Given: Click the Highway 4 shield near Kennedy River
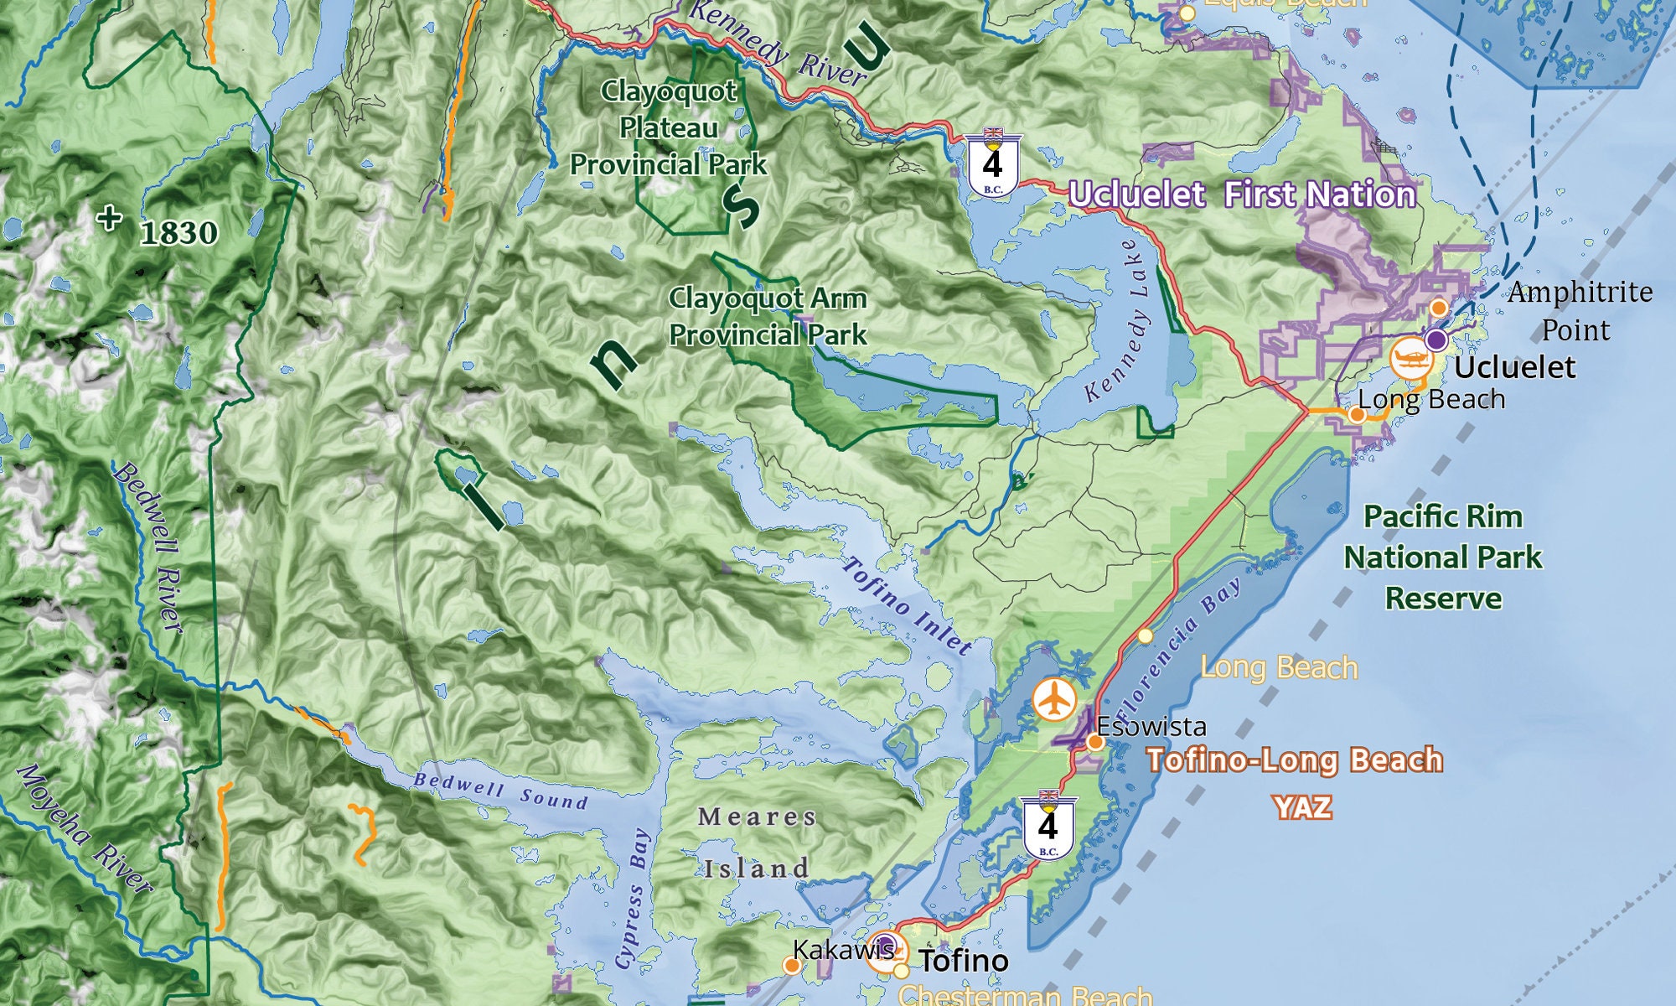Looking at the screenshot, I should click(992, 164).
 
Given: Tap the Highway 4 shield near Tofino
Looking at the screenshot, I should click(1047, 825).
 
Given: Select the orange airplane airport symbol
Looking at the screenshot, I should click(1053, 699).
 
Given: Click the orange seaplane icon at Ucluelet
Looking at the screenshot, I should click(1410, 358).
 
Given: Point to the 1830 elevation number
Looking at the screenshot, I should click(178, 233).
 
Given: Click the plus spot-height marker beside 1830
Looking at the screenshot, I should click(109, 218).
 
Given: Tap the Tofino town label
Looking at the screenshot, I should click(964, 961).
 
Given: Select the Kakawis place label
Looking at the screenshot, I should click(842, 950).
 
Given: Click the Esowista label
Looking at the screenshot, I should click(1151, 726).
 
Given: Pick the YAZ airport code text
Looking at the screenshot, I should click(1302, 807).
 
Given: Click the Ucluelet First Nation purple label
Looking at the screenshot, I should click(1242, 194).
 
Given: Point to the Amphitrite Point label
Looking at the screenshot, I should click(1579, 310).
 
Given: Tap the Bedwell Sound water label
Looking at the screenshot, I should click(500, 791).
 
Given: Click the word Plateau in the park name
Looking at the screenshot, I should click(668, 128).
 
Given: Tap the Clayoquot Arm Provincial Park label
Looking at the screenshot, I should click(767, 316).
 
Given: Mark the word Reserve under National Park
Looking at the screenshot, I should click(1443, 599).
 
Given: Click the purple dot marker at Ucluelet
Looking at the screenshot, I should click(1436, 340).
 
